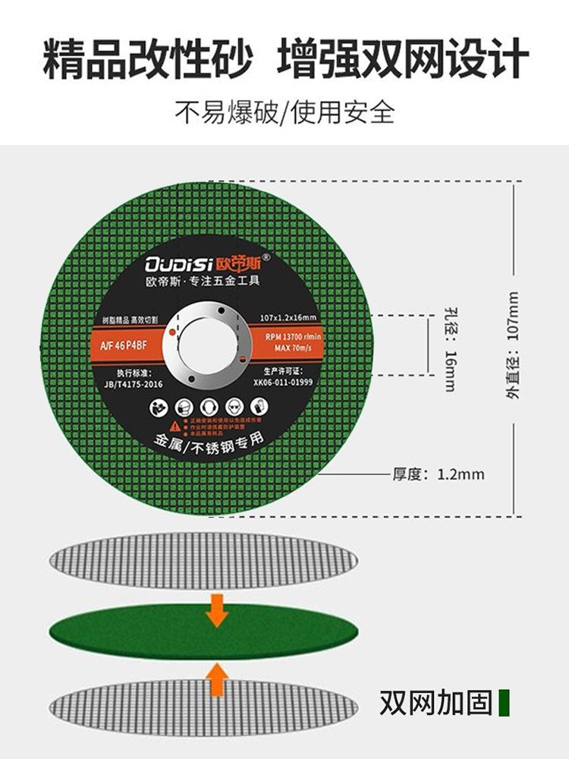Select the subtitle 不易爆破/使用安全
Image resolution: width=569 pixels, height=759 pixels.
pyautogui.click(x=284, y=112)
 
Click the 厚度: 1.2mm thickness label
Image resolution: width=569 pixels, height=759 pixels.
pyautogui.click(x=438, y=474)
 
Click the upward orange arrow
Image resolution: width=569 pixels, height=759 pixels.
pyautogui.click(x=218, y=678)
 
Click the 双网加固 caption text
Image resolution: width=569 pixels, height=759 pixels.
pyautogui.click(x=435, y=702)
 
